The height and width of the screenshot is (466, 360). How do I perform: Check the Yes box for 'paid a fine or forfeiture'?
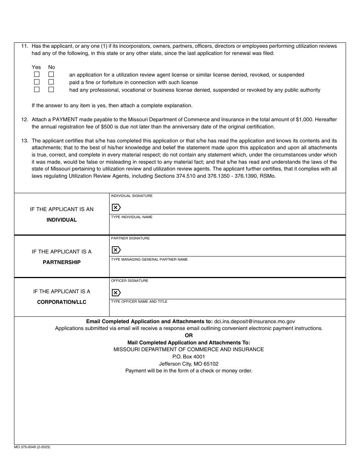point(37,82)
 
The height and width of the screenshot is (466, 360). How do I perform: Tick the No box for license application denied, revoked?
point(51,75)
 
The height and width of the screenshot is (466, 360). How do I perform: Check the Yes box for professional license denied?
point(37,90)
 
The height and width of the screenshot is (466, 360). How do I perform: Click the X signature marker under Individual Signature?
point(116,207)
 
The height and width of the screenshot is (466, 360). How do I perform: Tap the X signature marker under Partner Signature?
point(116,250)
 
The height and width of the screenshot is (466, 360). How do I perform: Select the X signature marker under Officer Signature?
point(116,292)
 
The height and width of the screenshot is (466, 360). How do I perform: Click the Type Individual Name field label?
point(131,217)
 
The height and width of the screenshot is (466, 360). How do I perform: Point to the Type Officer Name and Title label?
point(139,302)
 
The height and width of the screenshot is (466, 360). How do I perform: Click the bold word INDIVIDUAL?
point(61,220)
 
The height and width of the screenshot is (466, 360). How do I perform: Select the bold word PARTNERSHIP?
point(61,262)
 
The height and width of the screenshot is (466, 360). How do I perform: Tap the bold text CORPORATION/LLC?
point(61,302)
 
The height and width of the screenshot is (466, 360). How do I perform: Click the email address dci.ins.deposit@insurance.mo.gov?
point(254,321)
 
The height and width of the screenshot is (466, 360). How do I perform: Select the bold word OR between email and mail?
point(189,335)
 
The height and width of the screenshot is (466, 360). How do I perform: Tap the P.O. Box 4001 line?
point(189,357)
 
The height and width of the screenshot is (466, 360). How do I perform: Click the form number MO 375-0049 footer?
point(32,447)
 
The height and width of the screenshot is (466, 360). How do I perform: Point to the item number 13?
point(25,141)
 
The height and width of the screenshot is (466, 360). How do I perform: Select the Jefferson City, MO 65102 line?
point(189,364)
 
